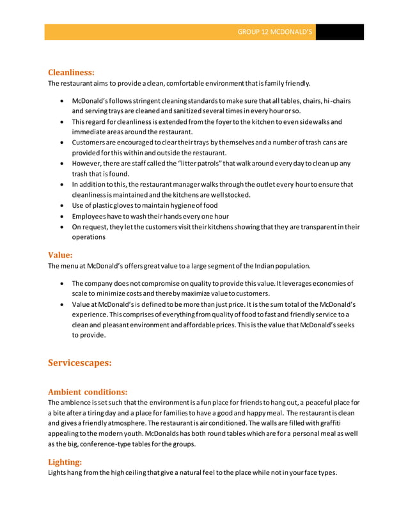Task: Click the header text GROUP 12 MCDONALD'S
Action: click(x=274, y=32)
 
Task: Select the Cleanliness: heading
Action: click(x=72, y=72)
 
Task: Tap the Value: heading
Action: click(x=60, y=254)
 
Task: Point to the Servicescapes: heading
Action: click(x=80, y=362)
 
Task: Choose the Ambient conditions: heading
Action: click(x=88, y=391)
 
